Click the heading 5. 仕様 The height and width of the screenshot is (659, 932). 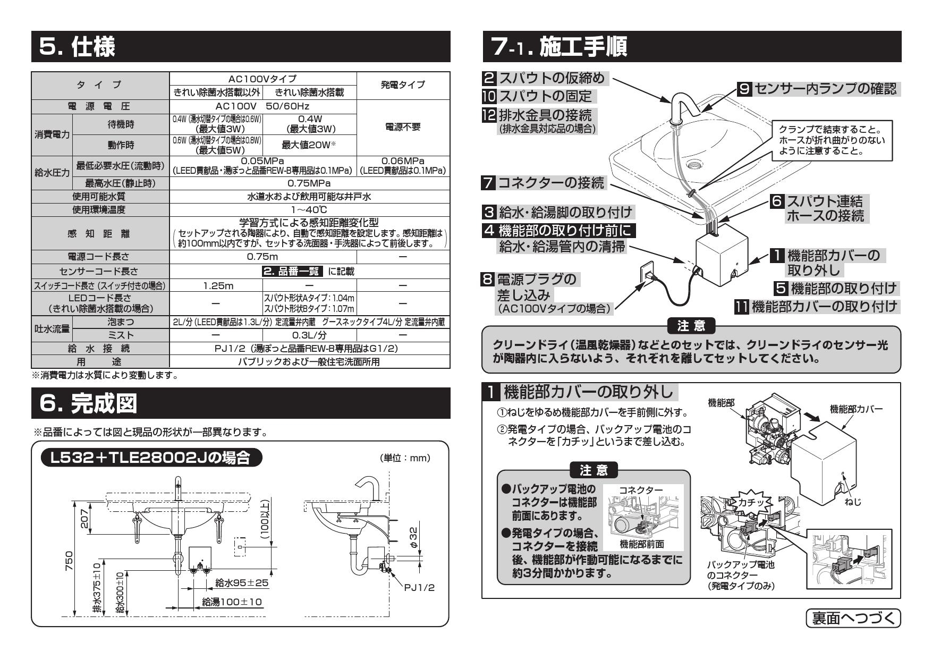[78, 47]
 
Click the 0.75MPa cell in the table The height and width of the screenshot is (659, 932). [309, 183]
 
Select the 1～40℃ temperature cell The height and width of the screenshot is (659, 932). [309, 210]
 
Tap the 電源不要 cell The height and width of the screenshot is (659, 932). [403, 128]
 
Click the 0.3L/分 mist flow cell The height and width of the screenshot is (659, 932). [309, 335]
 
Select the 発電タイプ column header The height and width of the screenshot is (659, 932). [403, 85]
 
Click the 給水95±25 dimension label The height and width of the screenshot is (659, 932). [242, 583]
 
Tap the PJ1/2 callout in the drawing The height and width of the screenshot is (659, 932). [419, 587]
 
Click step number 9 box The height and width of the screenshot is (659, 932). [745, 89]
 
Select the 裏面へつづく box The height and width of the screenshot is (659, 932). [853, 618]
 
